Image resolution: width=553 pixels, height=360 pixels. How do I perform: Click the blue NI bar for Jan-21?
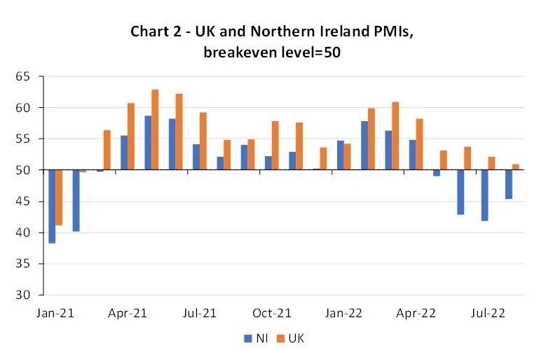pyautogui.click(x=52, y=207)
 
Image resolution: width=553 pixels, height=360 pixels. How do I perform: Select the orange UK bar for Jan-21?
pyautogui.click(x=60, y=198)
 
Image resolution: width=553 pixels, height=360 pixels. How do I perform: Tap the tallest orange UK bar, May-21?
pyautogui.click(x=155, y=130)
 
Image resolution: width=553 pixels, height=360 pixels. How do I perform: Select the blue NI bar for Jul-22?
pyautogui.click(x=484, y=195)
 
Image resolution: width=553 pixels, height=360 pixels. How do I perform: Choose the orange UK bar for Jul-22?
pyautogui.click(x=492, y=163)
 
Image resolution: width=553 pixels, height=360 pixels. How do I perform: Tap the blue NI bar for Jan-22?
pyautogui.click(x=341, y=155)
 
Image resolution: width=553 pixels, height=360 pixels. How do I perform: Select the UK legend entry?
pyautogui.click(x=290, y=338)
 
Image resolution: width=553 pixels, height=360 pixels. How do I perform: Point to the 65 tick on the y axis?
pyautogui.click(x=25, y=76)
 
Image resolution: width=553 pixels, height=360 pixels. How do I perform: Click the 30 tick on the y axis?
pyautogui.click(x=25, y=295)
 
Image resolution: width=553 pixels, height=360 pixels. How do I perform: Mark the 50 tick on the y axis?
pyautogui.click(x=25, y=170)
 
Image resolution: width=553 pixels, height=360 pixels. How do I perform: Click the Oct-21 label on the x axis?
pyautogui.click(x=272, y=313)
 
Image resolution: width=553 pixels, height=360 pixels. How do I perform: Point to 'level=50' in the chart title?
pyautogui.click(x=311, y=53)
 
